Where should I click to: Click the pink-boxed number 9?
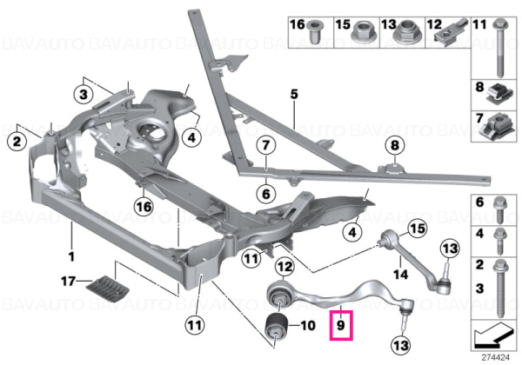(340, 325)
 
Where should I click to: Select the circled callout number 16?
(144, 207)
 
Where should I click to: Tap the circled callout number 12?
(284, 267)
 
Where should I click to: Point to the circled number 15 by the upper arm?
(418, 229)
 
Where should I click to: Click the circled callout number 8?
(394, 145)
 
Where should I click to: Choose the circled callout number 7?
(265, 145)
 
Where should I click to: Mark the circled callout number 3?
(84, 94)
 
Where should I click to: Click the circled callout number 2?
(17, 142)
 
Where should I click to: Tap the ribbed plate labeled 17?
(108, 289)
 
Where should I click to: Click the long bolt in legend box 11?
(499, 48)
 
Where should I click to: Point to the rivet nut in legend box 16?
(314, 31)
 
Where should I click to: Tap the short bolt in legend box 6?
(499, 210)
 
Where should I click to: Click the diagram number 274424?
(496, 358)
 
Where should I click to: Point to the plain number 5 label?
(294, 94)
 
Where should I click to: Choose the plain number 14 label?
(400, 275)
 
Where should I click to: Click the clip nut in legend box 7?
(497, 127)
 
